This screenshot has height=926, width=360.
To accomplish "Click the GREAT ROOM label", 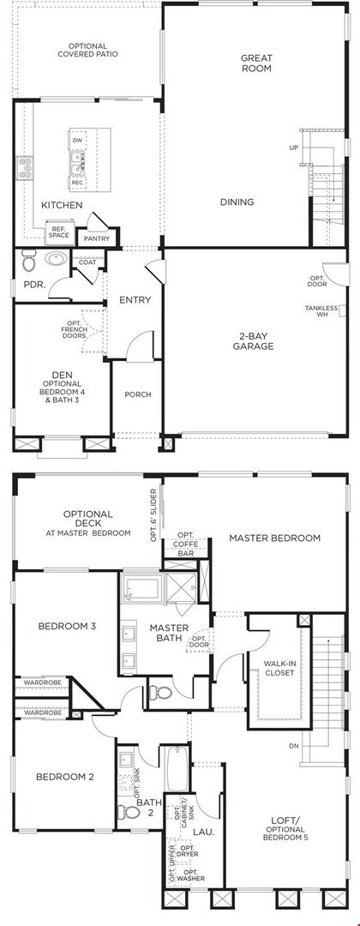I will pos(256,63).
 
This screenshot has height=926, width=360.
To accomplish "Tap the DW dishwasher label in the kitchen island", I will pos(77,140).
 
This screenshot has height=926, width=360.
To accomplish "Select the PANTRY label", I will pos(97,238).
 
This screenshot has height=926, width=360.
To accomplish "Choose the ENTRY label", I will pos(135,300).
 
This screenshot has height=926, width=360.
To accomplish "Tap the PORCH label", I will pos(137,394).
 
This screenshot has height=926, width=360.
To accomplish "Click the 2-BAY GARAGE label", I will pos(255,340).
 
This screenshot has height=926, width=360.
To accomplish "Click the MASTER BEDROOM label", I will pos(274,538).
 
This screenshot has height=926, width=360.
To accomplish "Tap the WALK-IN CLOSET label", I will pos(279,668).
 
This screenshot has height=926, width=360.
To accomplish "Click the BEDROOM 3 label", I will pos(66,626).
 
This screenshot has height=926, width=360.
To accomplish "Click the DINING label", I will pos(237,202).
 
